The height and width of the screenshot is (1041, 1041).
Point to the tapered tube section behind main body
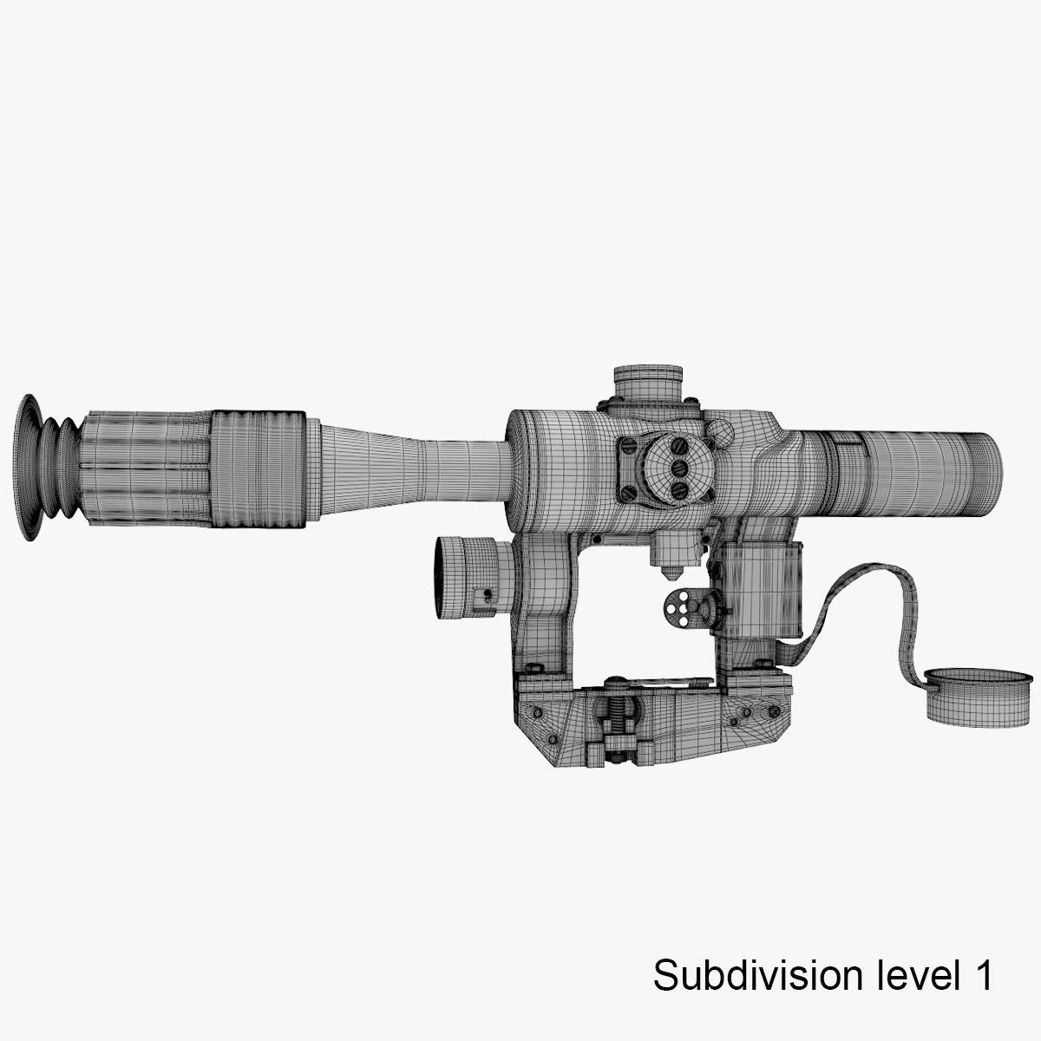click(x=408, y=468)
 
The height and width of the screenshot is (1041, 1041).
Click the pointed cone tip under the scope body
click(x=667, y=574)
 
